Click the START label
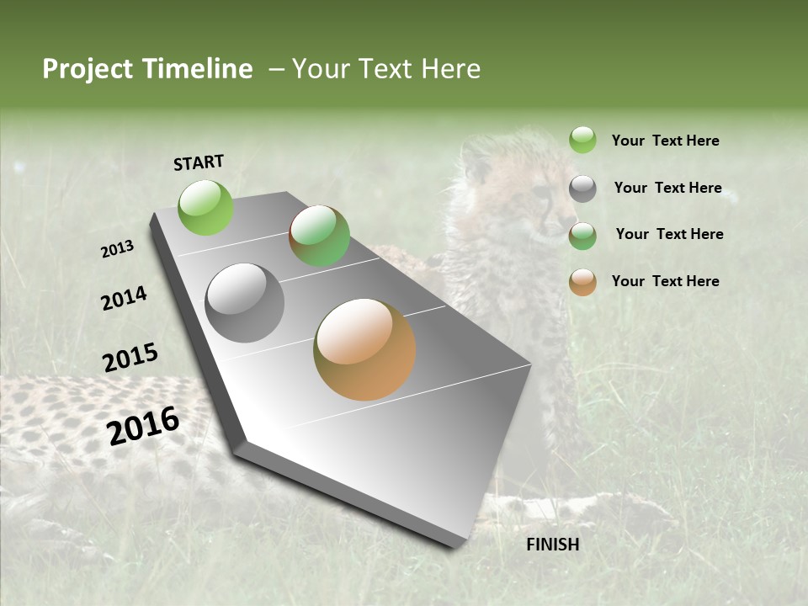[199, 162]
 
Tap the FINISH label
[552, 545]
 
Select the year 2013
[118, 249]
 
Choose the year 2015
[130, 358]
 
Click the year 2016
[143, 425]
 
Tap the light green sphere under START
[206, 207]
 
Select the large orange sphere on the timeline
[364, 349]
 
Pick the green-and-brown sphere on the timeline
[319, 236]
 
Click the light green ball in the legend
[582, 141]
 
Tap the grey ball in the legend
[582, 189]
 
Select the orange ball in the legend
[582, 282]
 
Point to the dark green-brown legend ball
[582, 236]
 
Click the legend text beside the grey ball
[667, 188]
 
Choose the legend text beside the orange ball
[665, 281]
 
